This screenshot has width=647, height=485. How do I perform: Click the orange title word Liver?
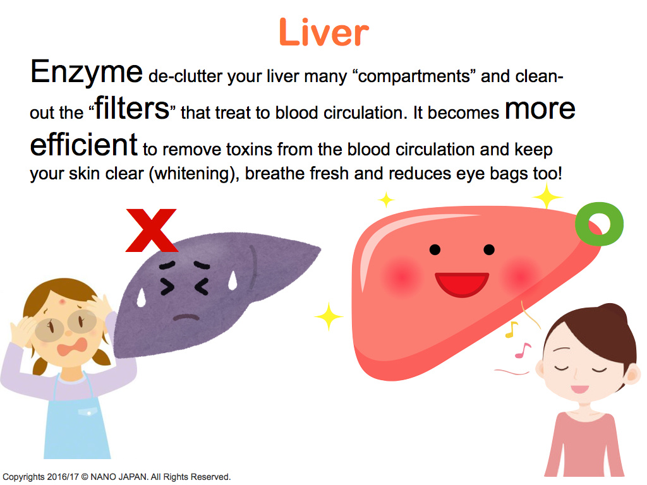(x=323, y=32)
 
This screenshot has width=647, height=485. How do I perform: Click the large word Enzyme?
(x=86, y=73)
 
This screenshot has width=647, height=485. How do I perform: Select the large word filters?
(x=132, y=109)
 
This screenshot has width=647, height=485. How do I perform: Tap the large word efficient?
(x=84, y=145)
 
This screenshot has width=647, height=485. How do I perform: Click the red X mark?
(x=152, y=230)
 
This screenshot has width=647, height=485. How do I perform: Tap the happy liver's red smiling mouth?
(x=462, y=284)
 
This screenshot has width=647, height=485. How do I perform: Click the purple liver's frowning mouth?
(x=186, y=317)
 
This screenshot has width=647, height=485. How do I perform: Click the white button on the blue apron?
(x=89, y=412)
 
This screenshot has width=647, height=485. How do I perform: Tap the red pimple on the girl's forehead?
(x=63, y=302)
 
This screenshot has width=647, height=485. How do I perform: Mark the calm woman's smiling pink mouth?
(x=580, y=389)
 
